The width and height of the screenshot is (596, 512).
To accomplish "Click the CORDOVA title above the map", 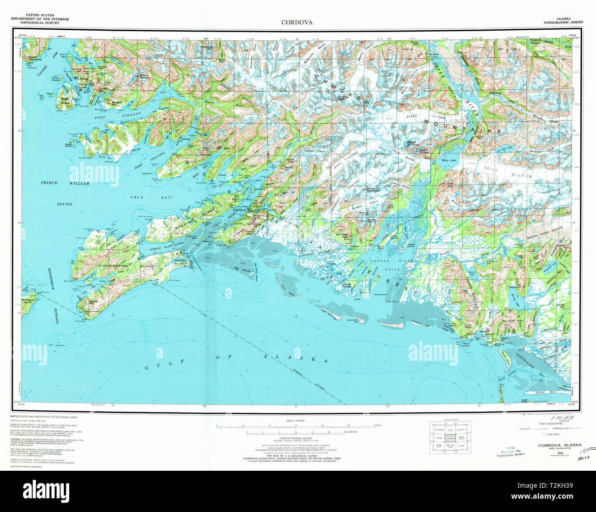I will (297, 22).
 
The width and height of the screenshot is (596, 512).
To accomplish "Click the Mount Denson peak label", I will (144, 77).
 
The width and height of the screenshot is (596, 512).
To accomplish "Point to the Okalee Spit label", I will (542, 393).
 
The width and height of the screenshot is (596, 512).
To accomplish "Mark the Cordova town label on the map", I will (240, 210).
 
